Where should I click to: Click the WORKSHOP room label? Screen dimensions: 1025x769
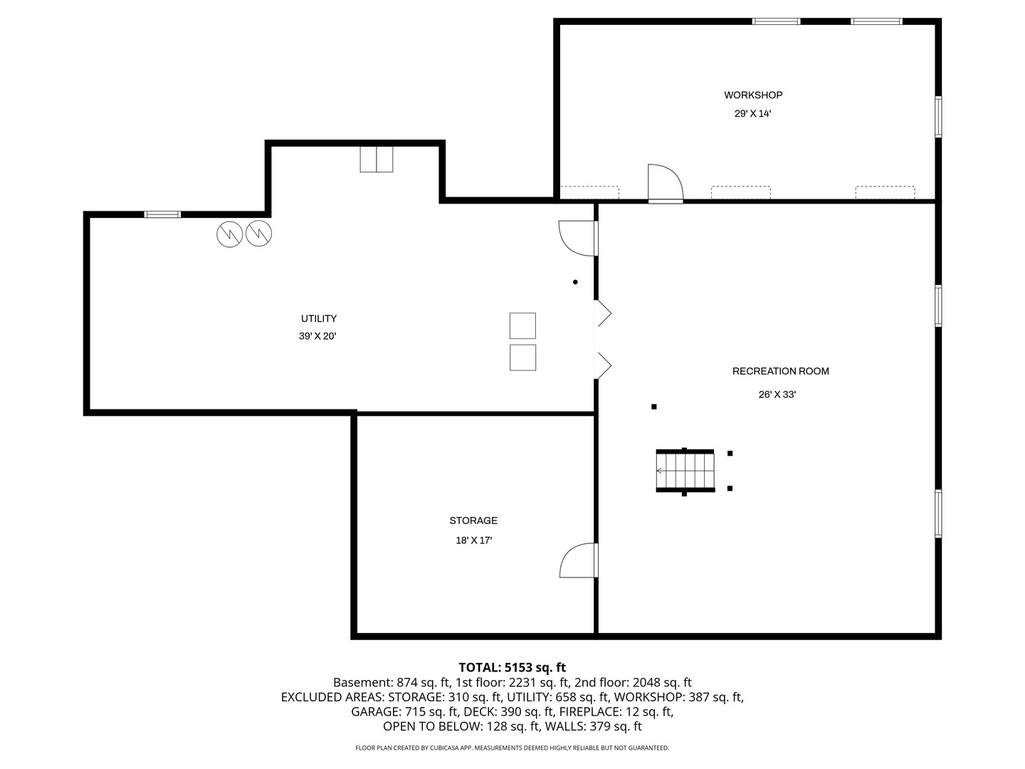[753, 95]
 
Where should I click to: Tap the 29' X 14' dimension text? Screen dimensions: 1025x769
[753, 113]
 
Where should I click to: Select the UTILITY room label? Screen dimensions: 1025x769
[318, 318]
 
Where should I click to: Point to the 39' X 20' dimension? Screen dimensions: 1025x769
[317, 336]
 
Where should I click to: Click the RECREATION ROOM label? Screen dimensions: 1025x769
[780, 371]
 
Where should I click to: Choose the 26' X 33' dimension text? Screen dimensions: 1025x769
[777, 394]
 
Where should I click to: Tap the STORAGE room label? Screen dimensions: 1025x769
[473, 520]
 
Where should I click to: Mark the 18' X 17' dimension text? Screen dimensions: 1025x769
[473, 540]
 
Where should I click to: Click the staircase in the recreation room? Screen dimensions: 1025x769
[685, 471]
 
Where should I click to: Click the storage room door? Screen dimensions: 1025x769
[579, 560]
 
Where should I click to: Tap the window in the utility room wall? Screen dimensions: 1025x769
[162, 214]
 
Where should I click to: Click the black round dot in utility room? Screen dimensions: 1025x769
[575, 282]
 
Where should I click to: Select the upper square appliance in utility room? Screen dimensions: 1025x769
[522, 325]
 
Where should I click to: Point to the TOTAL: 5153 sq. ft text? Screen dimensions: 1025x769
[512, 667]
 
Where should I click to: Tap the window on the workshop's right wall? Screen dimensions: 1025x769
[938, 116]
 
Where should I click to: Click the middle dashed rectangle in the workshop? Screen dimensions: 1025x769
[740, 192]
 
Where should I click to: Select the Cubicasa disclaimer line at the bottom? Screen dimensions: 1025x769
[512, 748]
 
